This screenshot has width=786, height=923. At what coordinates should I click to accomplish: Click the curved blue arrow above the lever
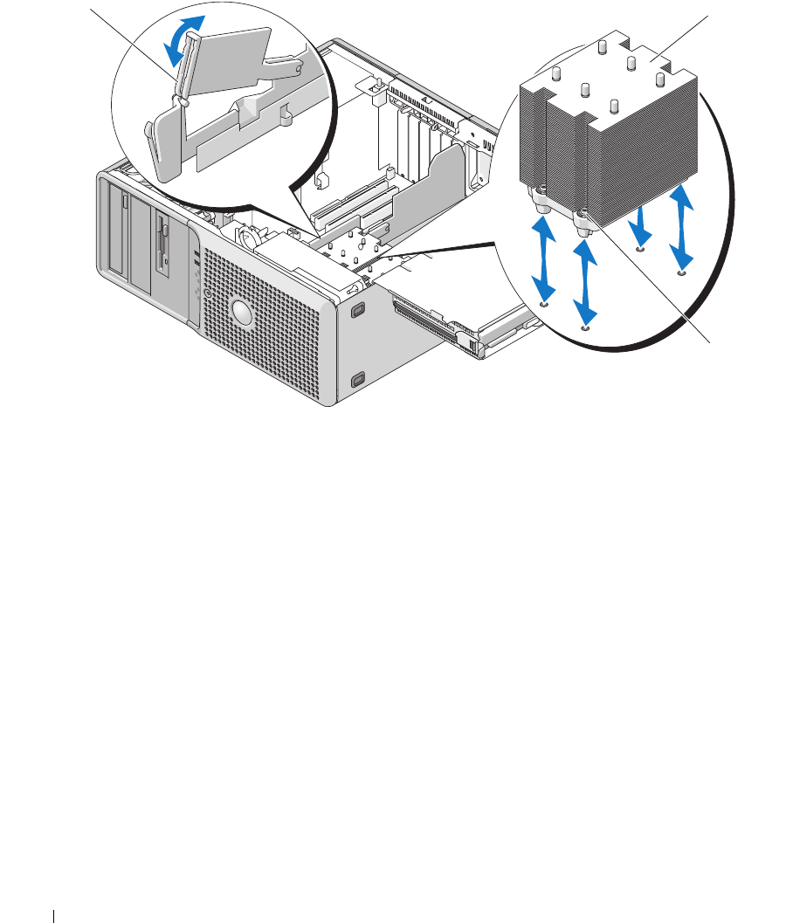click(x=188, y=38)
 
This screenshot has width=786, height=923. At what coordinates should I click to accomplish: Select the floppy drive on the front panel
click(x=162, y=240)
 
